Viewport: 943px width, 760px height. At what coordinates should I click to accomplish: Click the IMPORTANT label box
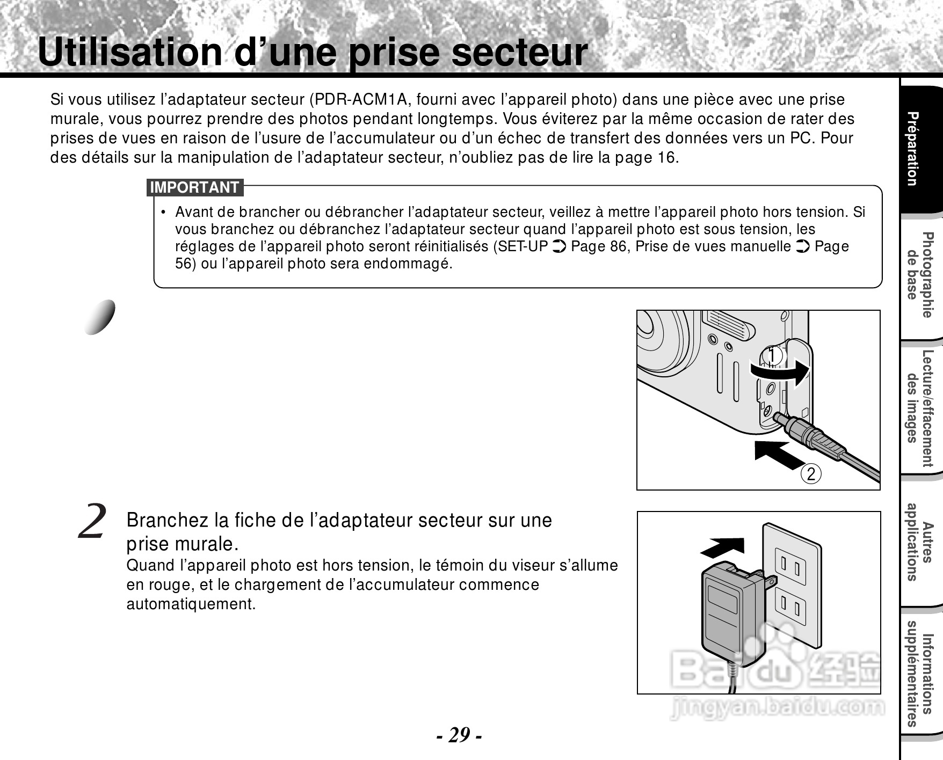(x=195, y=187)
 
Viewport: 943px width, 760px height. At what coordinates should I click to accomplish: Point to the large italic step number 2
(x=92, y=521)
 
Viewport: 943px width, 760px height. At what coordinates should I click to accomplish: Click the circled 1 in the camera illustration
(x=772, y=355)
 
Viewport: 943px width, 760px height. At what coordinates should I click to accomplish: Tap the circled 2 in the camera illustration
(x=811, y=474)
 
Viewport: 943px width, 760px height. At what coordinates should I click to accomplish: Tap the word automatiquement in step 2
(x=191, y=604)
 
